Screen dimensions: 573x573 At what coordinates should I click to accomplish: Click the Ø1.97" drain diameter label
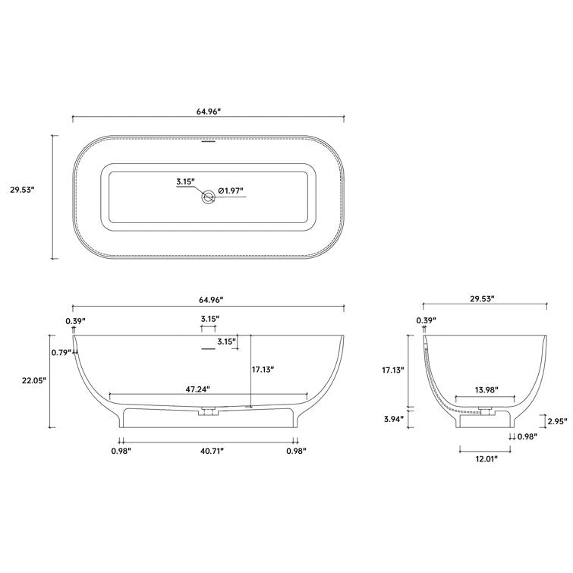click(x=231, y=191)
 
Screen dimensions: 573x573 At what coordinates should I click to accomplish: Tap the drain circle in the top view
click(x=208, y=198)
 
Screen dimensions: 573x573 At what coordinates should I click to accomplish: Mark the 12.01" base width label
click(x=485, y=460)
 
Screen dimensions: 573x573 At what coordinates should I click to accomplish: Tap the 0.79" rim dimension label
click(x=61, y=352)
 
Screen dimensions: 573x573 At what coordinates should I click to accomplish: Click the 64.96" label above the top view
click(x=208, y=111)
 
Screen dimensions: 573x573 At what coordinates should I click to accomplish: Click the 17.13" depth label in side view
click(x=262, y=370)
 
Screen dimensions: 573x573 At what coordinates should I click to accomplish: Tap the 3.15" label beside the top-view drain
click(x=185, y=182)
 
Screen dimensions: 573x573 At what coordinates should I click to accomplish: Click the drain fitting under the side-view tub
click(x=208, y=412)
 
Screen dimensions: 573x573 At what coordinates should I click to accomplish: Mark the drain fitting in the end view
click(x=485, y=412)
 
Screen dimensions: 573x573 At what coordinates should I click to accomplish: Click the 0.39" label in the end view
click(x=426, y=321)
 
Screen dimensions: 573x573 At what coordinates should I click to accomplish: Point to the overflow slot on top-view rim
click(x=208, y=140)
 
